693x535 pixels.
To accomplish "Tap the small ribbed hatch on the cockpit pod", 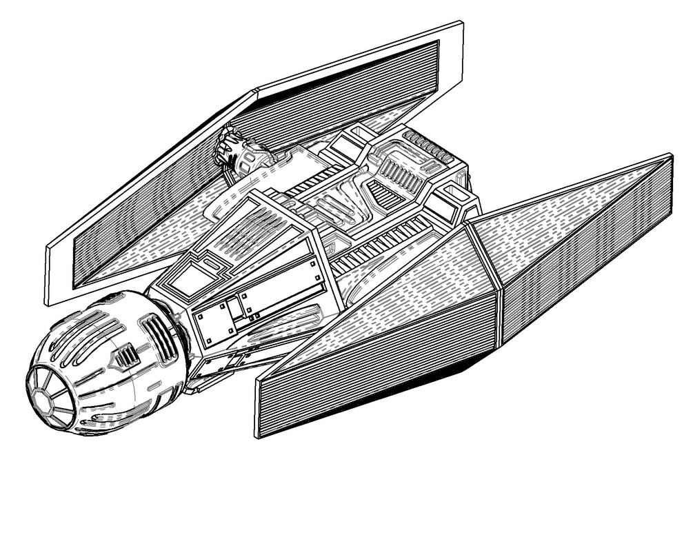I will click(126, 356).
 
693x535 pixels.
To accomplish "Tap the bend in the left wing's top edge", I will click(256, 90).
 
